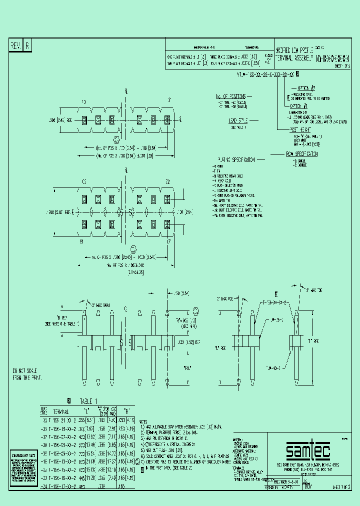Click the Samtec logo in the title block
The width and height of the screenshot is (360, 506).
click(307, 451)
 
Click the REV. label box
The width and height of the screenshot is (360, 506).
click(15, 46)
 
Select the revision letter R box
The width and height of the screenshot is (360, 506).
click(27, 46)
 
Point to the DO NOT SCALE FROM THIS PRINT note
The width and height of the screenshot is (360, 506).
click(25, 374)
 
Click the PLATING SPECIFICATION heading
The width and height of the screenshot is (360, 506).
click(236, 160)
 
